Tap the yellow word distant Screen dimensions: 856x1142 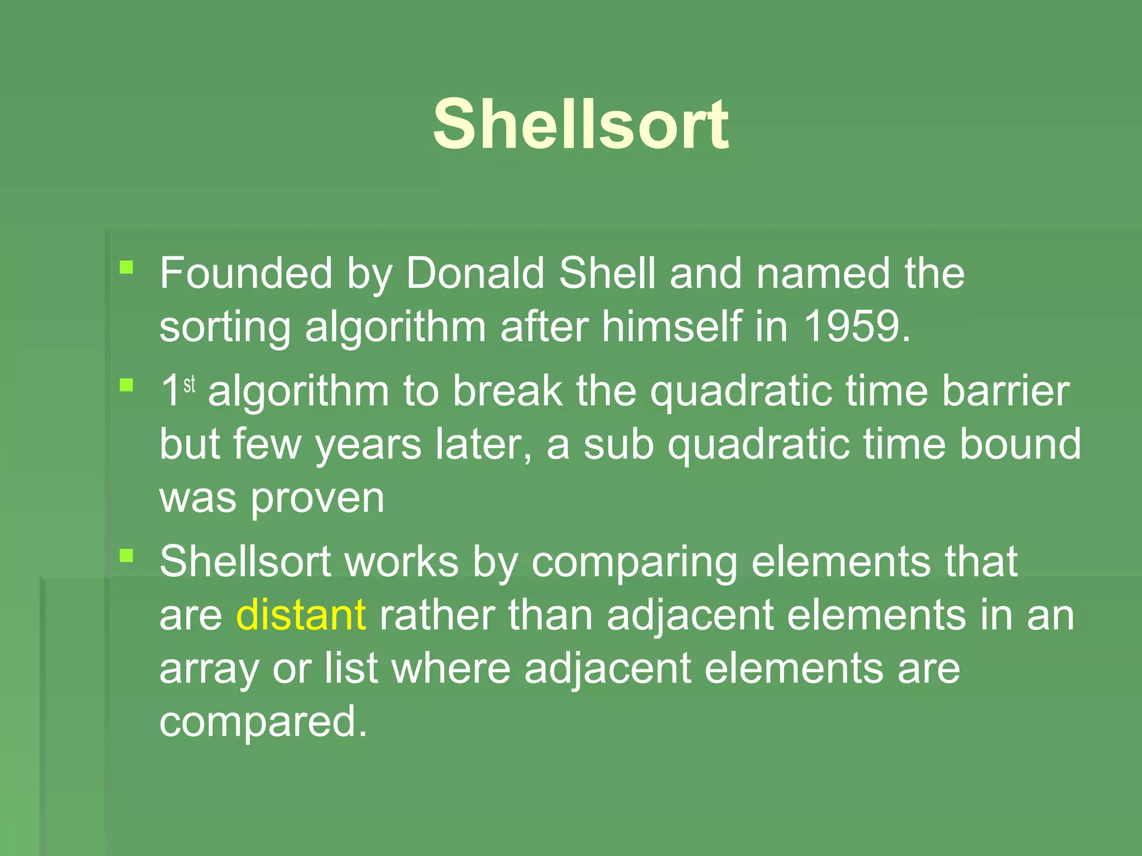(301, 615)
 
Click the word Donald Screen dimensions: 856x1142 (475, 273)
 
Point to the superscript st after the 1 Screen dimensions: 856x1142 (190, 384)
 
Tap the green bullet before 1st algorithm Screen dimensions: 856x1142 (127, 385)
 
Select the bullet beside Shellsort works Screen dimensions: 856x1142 (127, 555)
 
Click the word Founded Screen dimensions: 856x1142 (246, 273)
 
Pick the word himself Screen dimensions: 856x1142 (671, 326)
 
